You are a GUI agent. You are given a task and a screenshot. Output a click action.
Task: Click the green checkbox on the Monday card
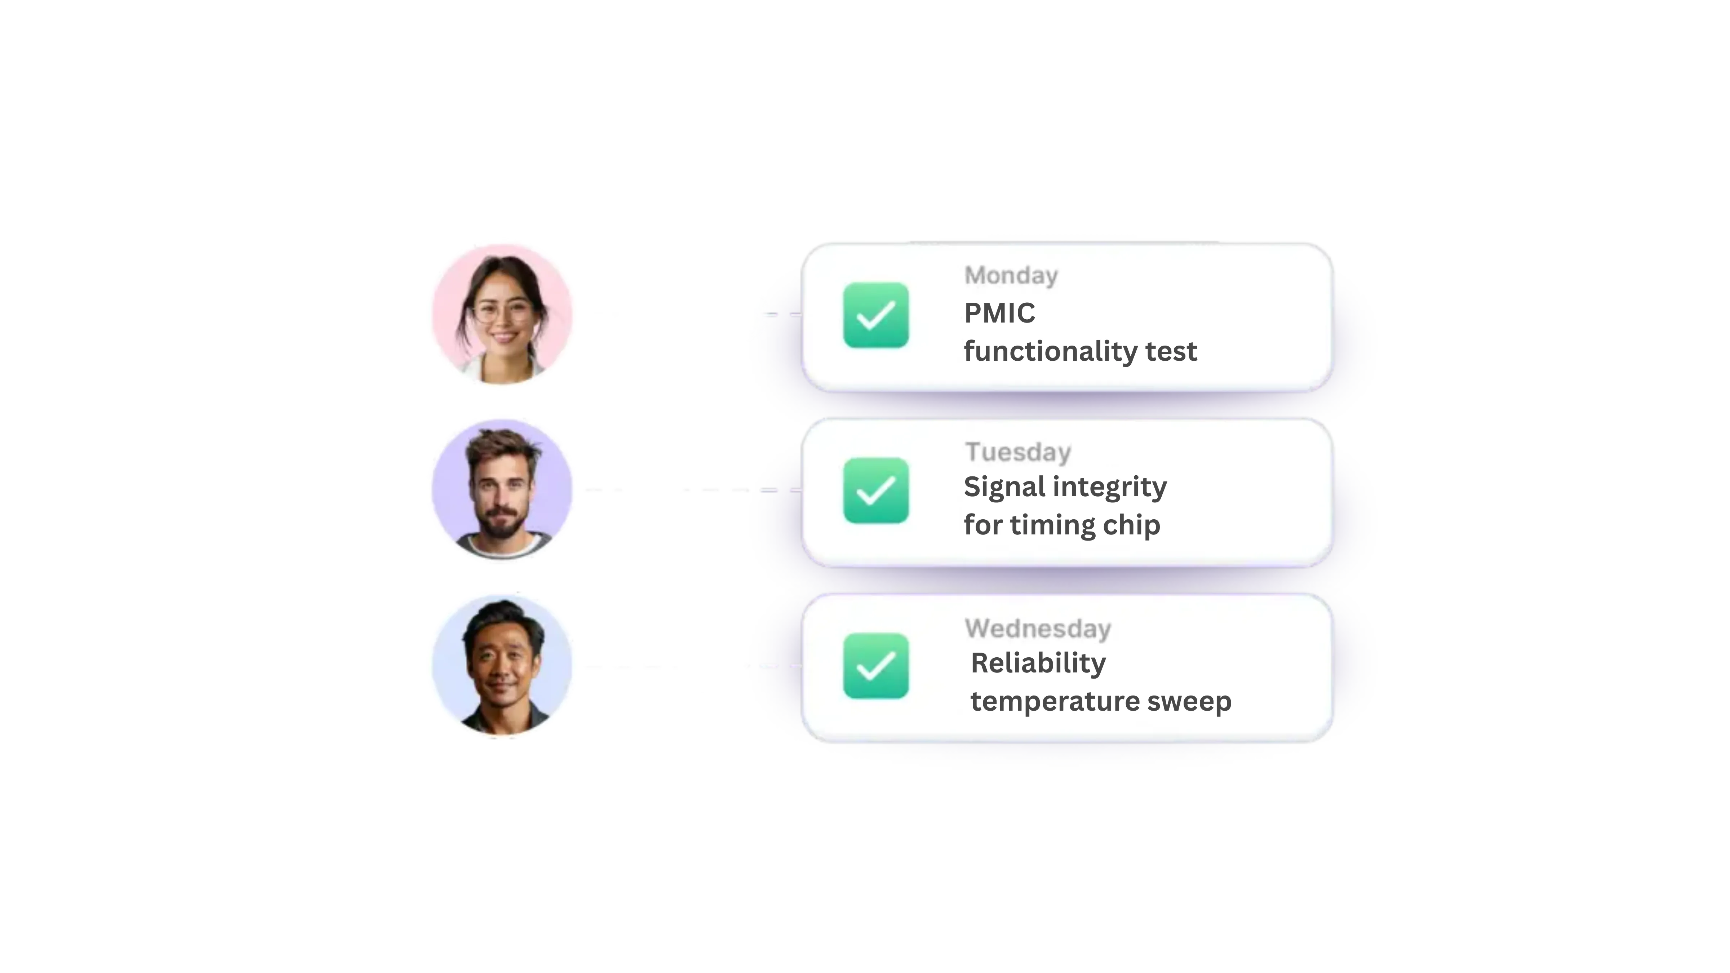[876, 315]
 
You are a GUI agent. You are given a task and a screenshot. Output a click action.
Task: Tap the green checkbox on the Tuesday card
[876, 490]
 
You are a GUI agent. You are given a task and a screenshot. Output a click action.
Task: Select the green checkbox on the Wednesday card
[876, 666]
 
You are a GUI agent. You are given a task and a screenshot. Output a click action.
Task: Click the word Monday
[1011, 275]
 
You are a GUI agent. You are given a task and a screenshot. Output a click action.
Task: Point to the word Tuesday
[1017, 452]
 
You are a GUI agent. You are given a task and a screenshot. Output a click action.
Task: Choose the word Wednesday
[1038, 628]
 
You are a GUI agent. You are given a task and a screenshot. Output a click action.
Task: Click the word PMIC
[999, 313]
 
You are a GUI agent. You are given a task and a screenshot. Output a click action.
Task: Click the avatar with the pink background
[502, 314]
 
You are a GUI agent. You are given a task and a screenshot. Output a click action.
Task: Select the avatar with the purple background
[502, 489]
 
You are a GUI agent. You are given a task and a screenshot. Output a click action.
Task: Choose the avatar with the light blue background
[502, 665]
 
